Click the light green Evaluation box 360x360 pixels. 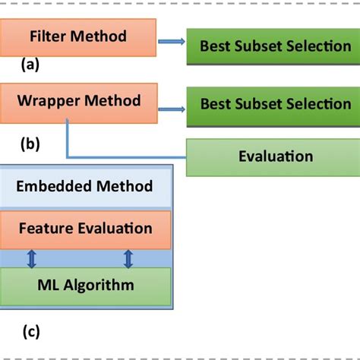coord(265,156)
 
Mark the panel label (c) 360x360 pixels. coord(30,331)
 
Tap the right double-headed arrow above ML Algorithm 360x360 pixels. coord(128,258)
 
